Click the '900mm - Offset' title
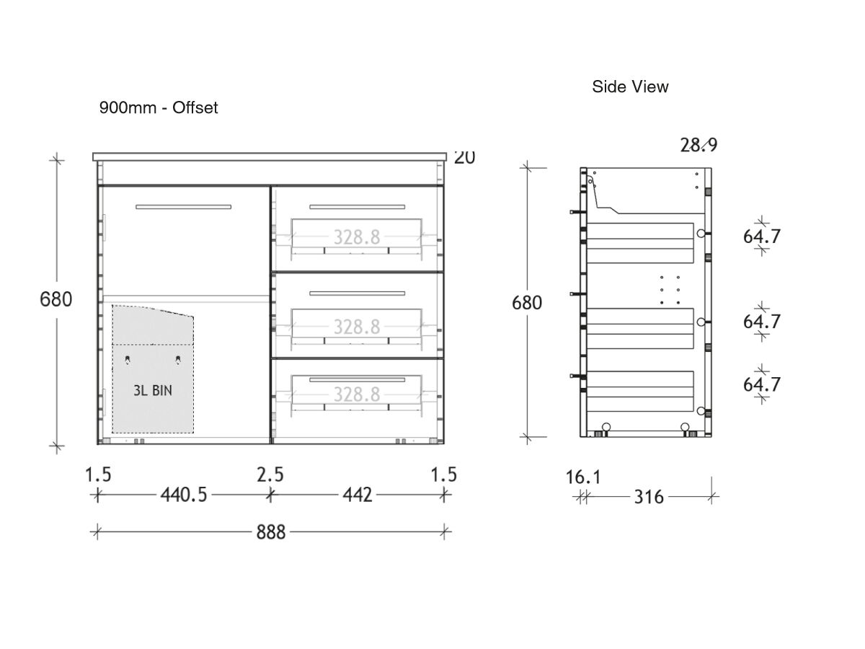158,108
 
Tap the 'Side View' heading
630,87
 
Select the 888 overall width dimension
271,532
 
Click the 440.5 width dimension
183,495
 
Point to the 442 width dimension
358,495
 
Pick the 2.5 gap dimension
270,474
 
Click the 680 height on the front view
56,299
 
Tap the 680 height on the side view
526,302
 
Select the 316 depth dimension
649,497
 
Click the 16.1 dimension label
582,477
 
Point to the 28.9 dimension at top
698,145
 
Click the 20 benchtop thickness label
465,157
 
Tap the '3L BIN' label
153,390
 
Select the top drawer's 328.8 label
356,237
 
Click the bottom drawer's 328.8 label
356,394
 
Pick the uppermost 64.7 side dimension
762,236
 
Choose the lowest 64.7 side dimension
762,384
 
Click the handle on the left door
184,207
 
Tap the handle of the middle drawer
357,293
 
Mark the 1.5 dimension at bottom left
98,474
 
